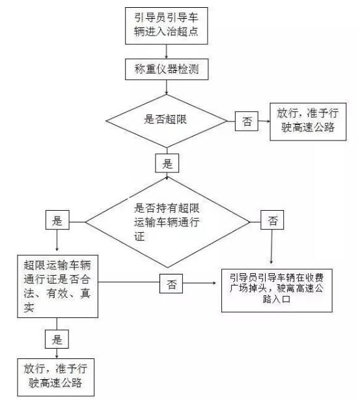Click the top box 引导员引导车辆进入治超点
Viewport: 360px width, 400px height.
tap(166, 26)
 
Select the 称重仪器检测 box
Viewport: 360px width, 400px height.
tap(167, 69)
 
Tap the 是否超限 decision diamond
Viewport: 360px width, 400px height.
tap(167, 121)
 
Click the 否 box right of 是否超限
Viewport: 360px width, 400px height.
tap(246, 121)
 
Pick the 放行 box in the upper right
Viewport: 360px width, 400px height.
tap(308, 122)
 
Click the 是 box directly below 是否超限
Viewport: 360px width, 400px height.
tap(167, 163)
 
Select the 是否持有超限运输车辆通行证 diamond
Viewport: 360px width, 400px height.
tap(167, 222)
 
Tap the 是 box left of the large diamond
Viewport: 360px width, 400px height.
tap(57, 220)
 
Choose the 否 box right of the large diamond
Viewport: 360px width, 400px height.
tap(272, 220)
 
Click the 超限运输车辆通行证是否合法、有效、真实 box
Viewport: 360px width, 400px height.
tap(57, 286)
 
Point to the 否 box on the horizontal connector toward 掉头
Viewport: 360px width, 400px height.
tap(171, 284)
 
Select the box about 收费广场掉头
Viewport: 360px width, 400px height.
tap(277, 290)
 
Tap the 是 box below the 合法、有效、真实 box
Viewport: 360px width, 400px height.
tap(57, 339)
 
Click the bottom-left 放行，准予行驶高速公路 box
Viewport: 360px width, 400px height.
tap(55, 377)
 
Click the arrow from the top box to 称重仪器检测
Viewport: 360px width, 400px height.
tap(167, 51)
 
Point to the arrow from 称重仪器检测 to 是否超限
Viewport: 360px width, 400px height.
tap(167, 87)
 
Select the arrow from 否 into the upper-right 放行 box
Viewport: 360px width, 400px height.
tap(264, 121)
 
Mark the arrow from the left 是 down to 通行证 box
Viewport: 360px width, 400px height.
tap(57, 240)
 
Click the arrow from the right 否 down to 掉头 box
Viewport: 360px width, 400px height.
tap(271, 247)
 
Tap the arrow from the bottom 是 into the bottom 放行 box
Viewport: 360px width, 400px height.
tap(57, 353)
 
